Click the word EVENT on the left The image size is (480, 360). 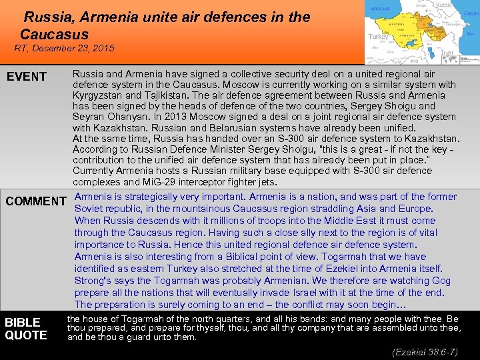(x=27, y=77)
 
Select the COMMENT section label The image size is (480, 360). (x=36, y=201)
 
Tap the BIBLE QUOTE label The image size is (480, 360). (x=26, y=329)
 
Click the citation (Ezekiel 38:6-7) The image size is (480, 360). (x=425, y=351)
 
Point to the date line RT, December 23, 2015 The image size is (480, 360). (x=65, y=49)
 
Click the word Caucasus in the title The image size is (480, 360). (x=54, y=34)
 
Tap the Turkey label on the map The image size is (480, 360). (x=379, y=37)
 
